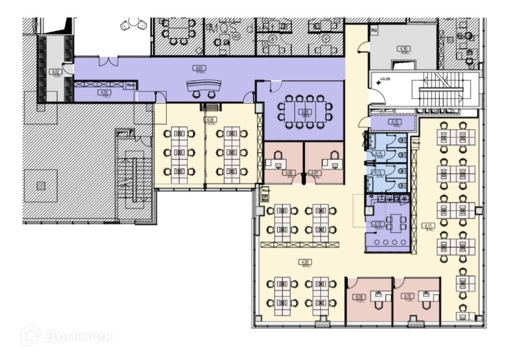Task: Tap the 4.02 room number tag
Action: (x=55, y=71)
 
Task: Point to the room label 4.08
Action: (x=305, y=261)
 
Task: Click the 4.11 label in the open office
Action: (x=428, y=225)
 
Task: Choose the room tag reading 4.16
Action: (x=404, y=49)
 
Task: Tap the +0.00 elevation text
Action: (x=385, y=79)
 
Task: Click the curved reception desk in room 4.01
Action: (x=204, y=86)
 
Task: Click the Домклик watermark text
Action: (x=78, y=336)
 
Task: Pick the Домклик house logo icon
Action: (x=31, y=335)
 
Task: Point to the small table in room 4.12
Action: (x=394, y=223)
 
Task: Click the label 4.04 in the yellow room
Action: (x=209, y=119)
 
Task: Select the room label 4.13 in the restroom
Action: (x=379, y=172)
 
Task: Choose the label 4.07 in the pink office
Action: (x=315, y=173)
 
